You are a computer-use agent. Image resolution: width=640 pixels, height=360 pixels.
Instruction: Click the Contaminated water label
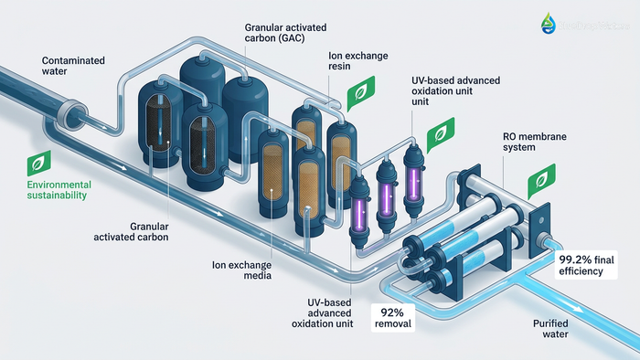pos(73,67)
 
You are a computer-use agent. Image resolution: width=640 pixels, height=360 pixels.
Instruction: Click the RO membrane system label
pos(534,143)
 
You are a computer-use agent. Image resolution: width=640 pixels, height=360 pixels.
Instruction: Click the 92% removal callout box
pos(391,317)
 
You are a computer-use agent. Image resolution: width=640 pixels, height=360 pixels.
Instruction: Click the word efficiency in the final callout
pos(586,272)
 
